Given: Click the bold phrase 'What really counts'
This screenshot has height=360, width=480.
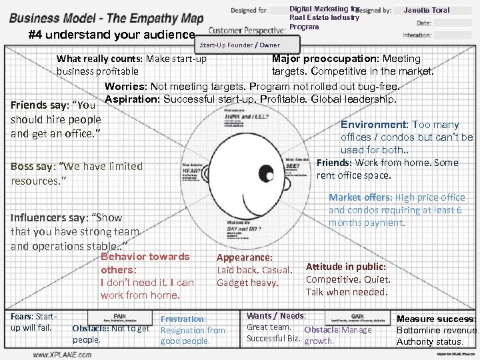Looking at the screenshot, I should coord(99,59).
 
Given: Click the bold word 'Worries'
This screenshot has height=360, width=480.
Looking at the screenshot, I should coord(125,87).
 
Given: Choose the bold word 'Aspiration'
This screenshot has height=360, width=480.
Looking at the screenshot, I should coord(133,99).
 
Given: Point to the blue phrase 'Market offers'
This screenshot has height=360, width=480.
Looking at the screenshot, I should coord(359,197).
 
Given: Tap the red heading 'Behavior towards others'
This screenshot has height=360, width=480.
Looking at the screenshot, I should coord(144,263).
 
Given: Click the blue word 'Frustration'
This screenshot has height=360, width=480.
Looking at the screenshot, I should coord(184,319).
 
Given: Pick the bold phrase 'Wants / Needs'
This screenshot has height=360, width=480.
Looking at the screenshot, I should coord(275,315).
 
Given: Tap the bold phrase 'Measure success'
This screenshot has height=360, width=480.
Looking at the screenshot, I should coord(436,319).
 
